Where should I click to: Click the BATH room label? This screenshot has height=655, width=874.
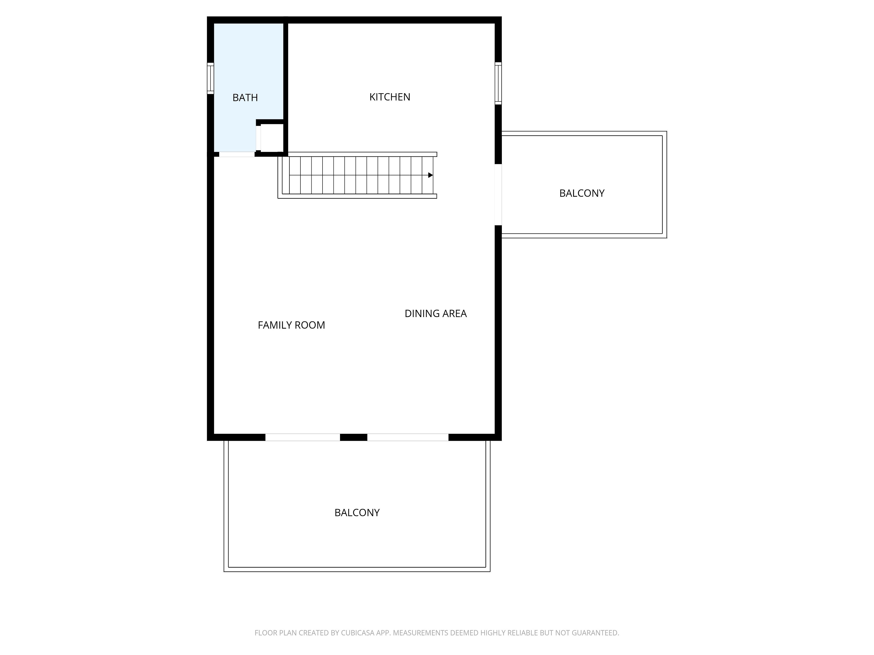pyautogui.click(x=245, y=98)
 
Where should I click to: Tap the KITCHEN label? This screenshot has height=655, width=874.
pyautogui.click(x=390, y=97)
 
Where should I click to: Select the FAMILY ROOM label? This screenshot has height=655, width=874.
pyautogui.click(x=291, y=325)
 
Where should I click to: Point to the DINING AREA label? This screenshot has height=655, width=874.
pyautogui.click(x=435, y=313)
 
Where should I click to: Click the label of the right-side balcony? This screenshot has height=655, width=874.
pyautogui.click(x=582, y=193)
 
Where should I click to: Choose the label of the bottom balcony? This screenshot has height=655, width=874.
pyautogui.click(x=357, y=512)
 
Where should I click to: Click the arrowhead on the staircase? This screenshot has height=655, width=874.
pyautogui.click(x=431, y=175)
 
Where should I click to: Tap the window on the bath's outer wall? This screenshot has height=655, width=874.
pyautogui.click(x=211, y=78)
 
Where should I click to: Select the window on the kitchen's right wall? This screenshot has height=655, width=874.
pyautogui.click(x=498, y=83)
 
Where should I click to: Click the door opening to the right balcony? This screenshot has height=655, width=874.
pyautogui.click(x=498, y=195)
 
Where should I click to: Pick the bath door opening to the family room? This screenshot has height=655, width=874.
pyautogui.click(x=237, y=154)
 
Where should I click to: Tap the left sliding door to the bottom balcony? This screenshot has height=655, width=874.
pyautogui.click(x=303, y=437)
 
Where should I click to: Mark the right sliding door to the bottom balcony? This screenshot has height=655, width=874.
pyautogui.click(x=408, y=437)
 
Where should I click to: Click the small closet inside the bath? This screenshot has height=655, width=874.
pyautogui.click(x=272, y=138)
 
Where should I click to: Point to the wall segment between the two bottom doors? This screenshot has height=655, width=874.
pyautogui.click(x=354, y=437)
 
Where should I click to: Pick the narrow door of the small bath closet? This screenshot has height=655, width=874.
pyautogui.click(x=258, y=138)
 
